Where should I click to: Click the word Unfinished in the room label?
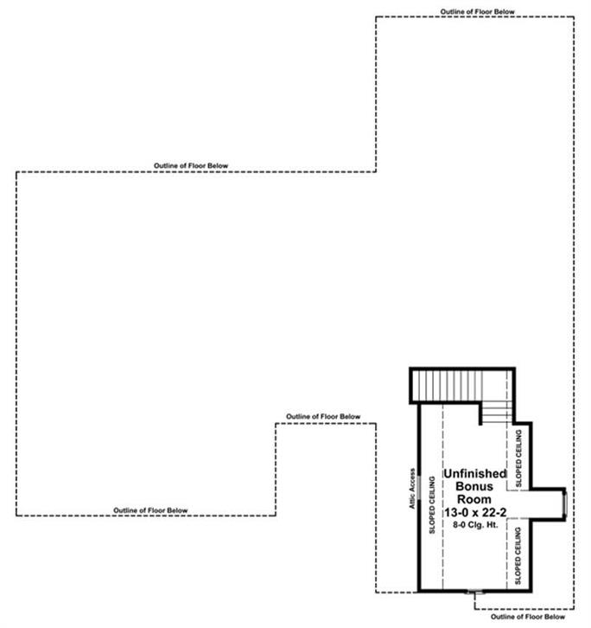475,473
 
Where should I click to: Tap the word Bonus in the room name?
474,486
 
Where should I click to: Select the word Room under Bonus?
474,499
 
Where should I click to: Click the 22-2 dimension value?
494,512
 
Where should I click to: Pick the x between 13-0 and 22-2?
475,513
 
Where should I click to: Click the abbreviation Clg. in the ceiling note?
477,525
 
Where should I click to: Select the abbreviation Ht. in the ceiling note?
493,525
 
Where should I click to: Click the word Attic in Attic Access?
412,501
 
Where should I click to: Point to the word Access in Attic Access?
412,480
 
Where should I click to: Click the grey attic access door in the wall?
419,487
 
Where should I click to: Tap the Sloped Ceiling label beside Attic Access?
432,504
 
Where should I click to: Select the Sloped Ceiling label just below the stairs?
519,458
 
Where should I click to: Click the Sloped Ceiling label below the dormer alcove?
518,555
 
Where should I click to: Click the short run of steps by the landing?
497,413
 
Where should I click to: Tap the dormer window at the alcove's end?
565,503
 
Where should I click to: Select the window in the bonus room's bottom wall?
475,591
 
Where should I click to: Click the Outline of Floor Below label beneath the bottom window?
528,617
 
